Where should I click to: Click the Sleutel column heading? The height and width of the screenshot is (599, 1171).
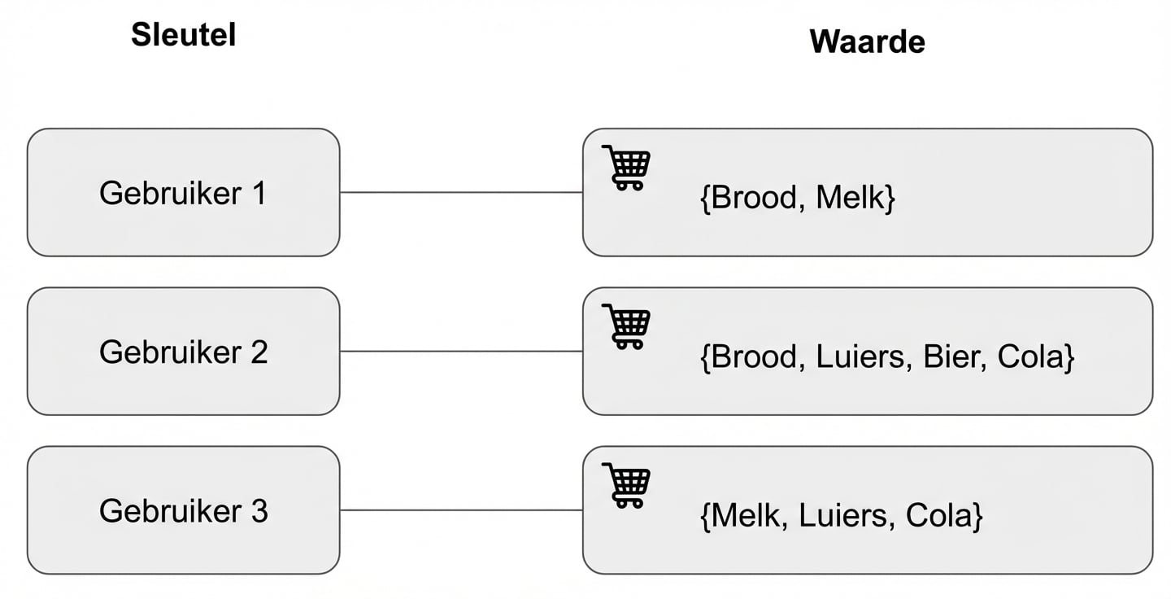point(183,35)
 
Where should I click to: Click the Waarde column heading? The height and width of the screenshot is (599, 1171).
point(867,41)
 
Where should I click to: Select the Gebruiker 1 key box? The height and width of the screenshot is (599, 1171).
point(183,193)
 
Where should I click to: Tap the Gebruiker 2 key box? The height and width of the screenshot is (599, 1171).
point(183,352)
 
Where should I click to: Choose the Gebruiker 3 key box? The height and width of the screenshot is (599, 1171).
point(183,510)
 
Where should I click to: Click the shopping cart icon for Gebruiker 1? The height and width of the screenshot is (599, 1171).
point(626,168)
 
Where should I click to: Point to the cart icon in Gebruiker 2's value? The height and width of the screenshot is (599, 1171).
point(626,326)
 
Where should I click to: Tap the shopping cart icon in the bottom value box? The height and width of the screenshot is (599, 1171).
point(626,485)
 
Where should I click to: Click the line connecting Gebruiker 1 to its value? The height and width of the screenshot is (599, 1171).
point(461,193)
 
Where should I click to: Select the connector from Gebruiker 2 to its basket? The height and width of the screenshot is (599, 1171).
point(461,352)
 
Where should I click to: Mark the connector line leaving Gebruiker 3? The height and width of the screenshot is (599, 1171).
point(461,510)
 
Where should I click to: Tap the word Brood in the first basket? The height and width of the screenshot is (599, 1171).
point(752,199)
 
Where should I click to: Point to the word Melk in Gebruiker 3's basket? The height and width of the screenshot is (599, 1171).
point(747,516)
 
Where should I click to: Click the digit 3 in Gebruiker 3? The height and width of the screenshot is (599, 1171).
point(259,510)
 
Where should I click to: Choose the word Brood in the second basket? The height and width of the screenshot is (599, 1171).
point(752,357)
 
